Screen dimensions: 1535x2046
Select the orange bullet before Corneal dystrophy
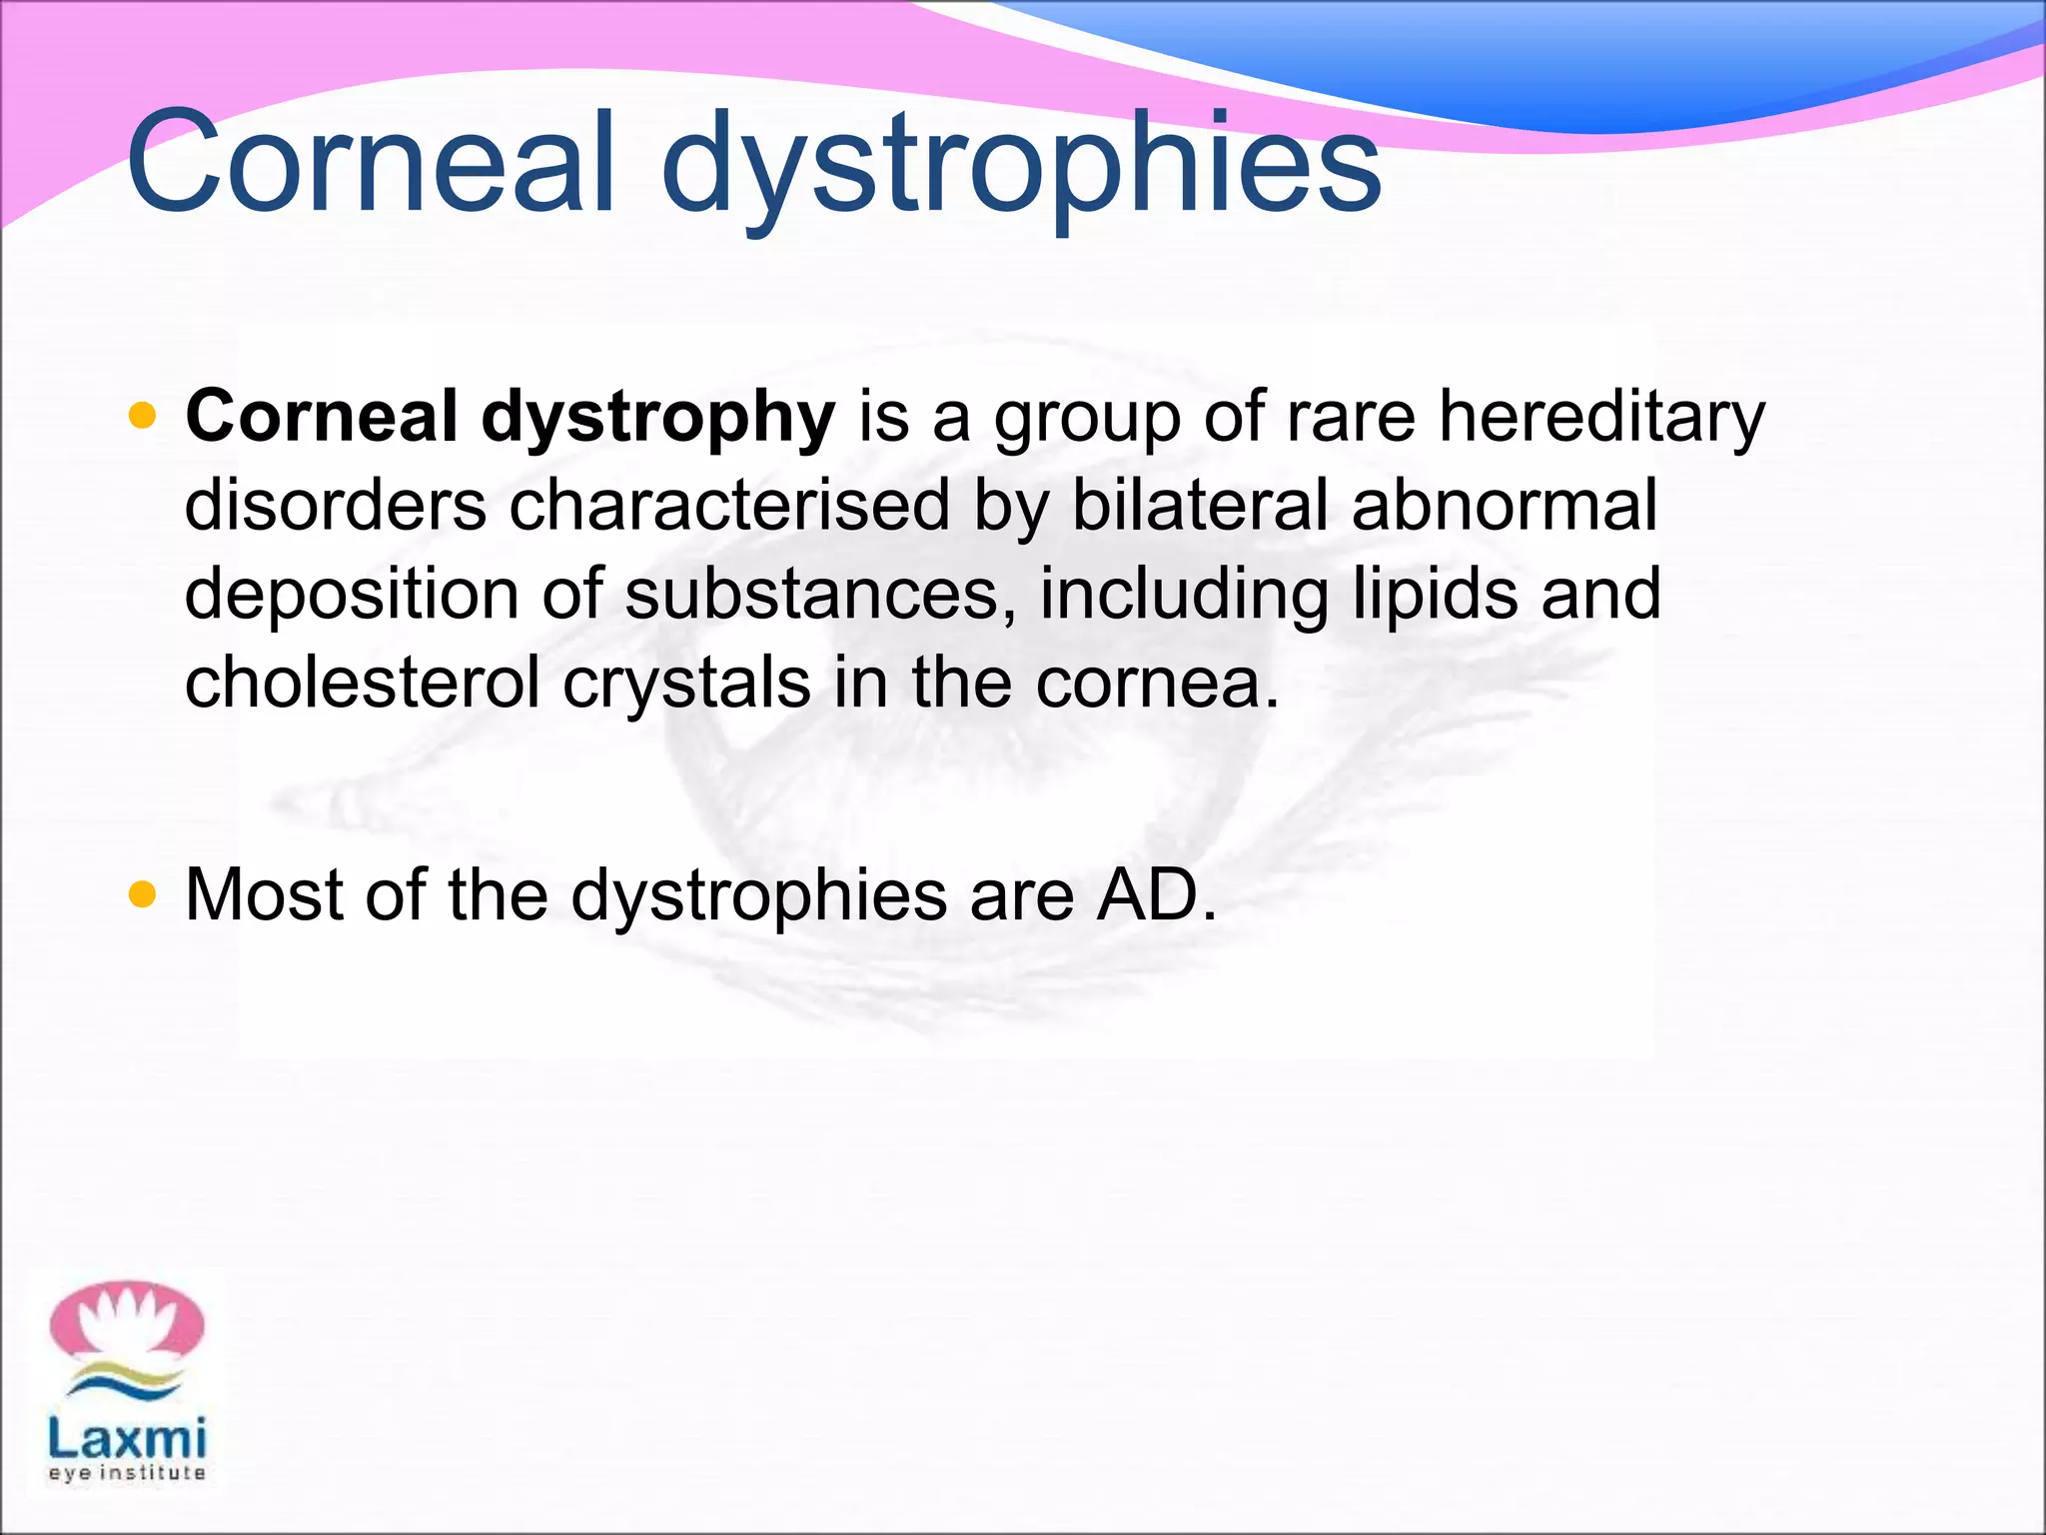[x=143, y=415]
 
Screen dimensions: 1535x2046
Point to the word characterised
[x=729, y=505]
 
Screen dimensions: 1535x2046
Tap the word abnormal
[x=1505, y=505]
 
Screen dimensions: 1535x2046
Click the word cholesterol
[x=362, y=683]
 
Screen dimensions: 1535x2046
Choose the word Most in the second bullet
[x=264, y=894]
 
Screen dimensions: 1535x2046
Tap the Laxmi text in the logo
[x=127, y=1439]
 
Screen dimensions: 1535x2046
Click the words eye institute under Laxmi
[x=127, y=1473]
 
